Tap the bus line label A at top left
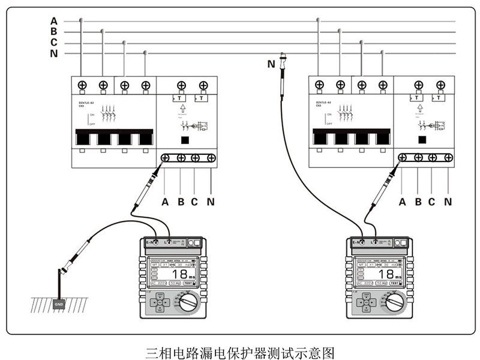tap(54, 21)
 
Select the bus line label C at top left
tap(54, 43)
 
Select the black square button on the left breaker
tap(185, 140)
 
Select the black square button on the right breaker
tap(422, 140)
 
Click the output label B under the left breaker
tap(181, 202)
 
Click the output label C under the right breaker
tap(432, 202)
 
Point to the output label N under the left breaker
tap(211, 202)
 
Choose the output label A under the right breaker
tap(403, 202)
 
